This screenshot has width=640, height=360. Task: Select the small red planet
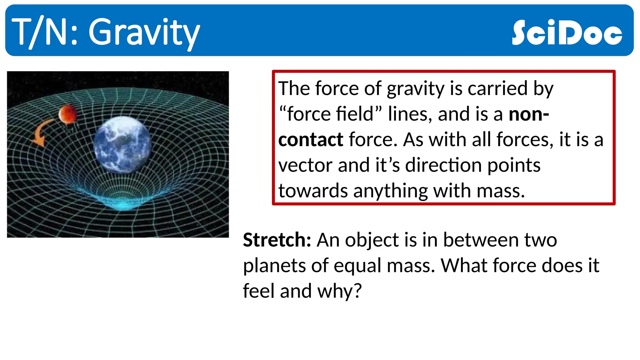67,114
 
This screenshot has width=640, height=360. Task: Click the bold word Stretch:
277,240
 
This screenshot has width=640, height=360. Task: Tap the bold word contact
311,139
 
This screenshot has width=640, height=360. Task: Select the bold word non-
528,114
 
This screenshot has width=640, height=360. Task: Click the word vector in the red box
305,165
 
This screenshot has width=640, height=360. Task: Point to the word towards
312,191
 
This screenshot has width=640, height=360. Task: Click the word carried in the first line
497,88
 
